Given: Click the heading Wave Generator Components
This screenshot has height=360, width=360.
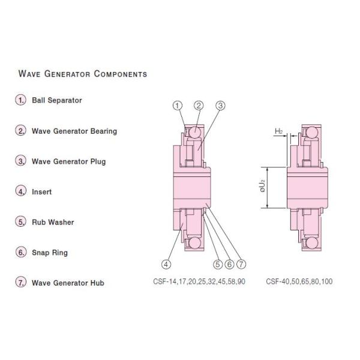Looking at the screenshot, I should pos(83,74).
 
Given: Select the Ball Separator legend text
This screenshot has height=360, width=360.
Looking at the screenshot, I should pos(56,100).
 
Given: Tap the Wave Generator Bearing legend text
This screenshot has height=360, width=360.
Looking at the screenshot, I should pos(74,131).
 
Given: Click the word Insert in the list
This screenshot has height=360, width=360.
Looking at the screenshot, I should pos(41,192).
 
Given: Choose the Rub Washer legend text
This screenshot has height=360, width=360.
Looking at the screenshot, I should pos(53,222).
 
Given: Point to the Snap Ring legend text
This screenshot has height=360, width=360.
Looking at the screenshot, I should pos(49,253).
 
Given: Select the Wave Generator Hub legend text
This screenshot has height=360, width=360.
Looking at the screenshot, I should pos(67,283).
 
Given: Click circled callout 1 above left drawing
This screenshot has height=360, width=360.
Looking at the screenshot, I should pos(177,106).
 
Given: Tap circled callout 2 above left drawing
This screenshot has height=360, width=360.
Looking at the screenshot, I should pos(199,106).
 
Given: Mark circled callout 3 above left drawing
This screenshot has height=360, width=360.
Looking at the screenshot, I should pos(220,106).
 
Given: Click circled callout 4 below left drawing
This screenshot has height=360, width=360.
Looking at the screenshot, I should pos(166,262).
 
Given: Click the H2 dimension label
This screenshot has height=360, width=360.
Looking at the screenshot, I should pos(278,131).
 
